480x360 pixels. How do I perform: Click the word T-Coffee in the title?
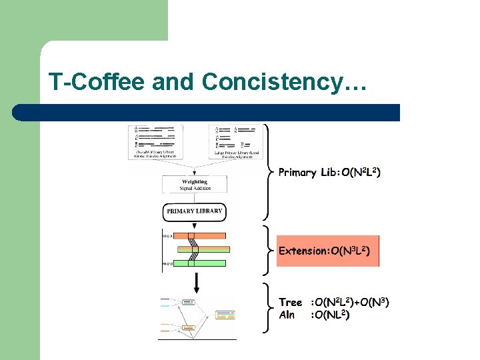coord(96,82)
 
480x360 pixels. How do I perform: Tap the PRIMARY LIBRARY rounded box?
coord(195,211)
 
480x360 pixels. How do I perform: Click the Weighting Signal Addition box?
coord(195,185)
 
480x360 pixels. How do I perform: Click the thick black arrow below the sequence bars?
coord(197,285)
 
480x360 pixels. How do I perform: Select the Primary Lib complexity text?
coord(329,173)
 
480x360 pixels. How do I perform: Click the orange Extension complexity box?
coord(327,251)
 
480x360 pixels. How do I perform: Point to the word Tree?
coord(290,303)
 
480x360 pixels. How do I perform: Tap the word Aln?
coord(287,315)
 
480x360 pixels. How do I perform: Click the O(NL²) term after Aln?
coord(330,315)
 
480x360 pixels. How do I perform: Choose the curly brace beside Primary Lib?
coord(269,172)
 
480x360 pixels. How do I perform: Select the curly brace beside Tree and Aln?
coord(269,309)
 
